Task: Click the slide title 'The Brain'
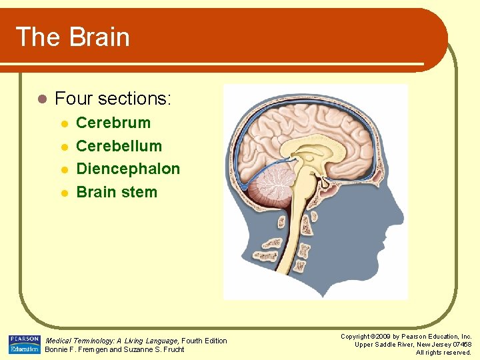click(72, 37)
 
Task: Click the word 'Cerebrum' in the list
click(113, 123)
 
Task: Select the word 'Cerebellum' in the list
click(119, 146)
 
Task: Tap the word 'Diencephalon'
click(128, 169)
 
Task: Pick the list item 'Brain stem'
click(117, 193)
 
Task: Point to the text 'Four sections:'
click(113, 99)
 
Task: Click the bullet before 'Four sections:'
click(41, 99)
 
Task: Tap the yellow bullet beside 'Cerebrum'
click(63, 123)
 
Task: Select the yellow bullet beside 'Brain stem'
click(63, 193)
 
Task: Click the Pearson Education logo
click(25, 345)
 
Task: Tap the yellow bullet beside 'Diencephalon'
click(63, 170)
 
